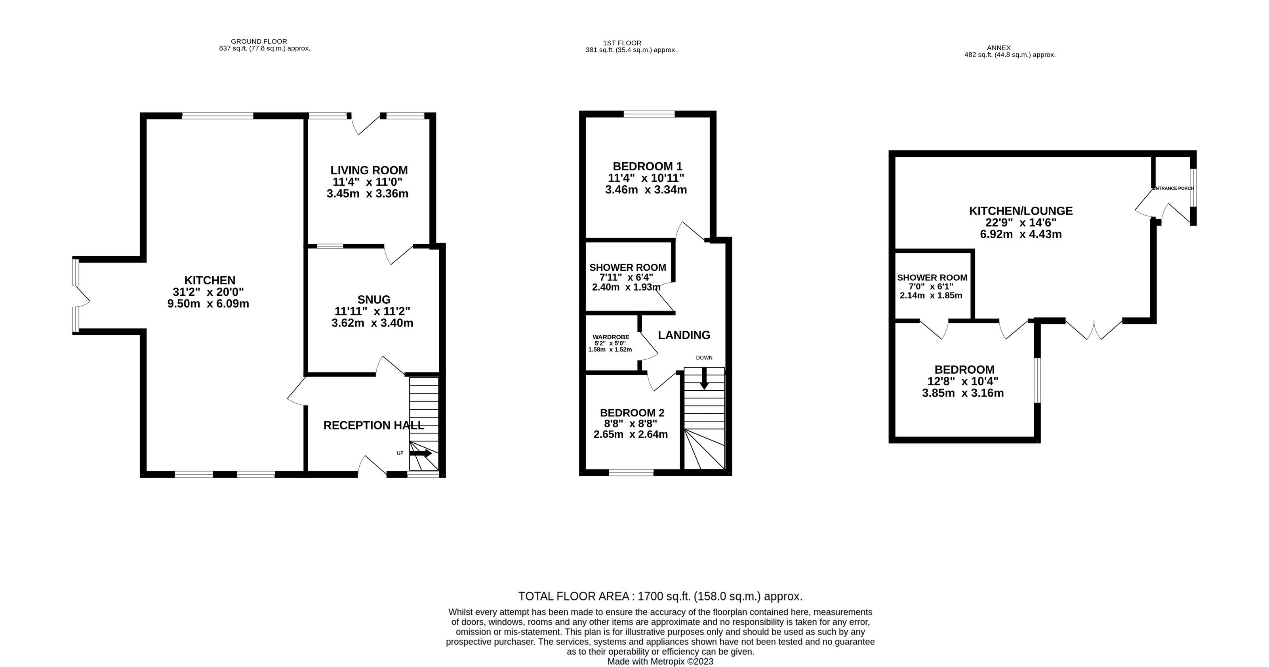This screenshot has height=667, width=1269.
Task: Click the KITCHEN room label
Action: pos(210,280)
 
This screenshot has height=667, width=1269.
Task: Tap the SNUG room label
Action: pos(374,299)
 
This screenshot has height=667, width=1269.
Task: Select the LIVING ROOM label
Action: pos(369,170)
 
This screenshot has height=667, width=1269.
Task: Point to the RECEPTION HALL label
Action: pos(374,425)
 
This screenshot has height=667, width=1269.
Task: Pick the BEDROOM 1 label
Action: pos(647,166)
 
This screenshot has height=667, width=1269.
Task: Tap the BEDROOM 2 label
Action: pos(632,412)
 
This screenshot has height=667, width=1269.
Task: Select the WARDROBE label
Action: pos(611,337)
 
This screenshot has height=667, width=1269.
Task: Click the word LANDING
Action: pos(684,335)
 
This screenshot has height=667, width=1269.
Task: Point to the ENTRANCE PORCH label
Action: pos(1173,188)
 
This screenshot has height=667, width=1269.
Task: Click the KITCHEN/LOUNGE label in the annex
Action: pos(1021,211)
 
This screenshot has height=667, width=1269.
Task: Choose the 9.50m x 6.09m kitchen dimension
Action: pos(208,304)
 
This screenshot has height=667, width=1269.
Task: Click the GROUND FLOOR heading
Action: pos(259,41)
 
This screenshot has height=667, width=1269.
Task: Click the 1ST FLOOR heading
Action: pos(622,43)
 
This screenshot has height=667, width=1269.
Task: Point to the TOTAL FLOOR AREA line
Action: pos(660,597)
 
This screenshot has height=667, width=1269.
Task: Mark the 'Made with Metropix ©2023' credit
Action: pos(660,661)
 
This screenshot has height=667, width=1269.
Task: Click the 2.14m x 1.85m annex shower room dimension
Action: pos(931,296)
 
